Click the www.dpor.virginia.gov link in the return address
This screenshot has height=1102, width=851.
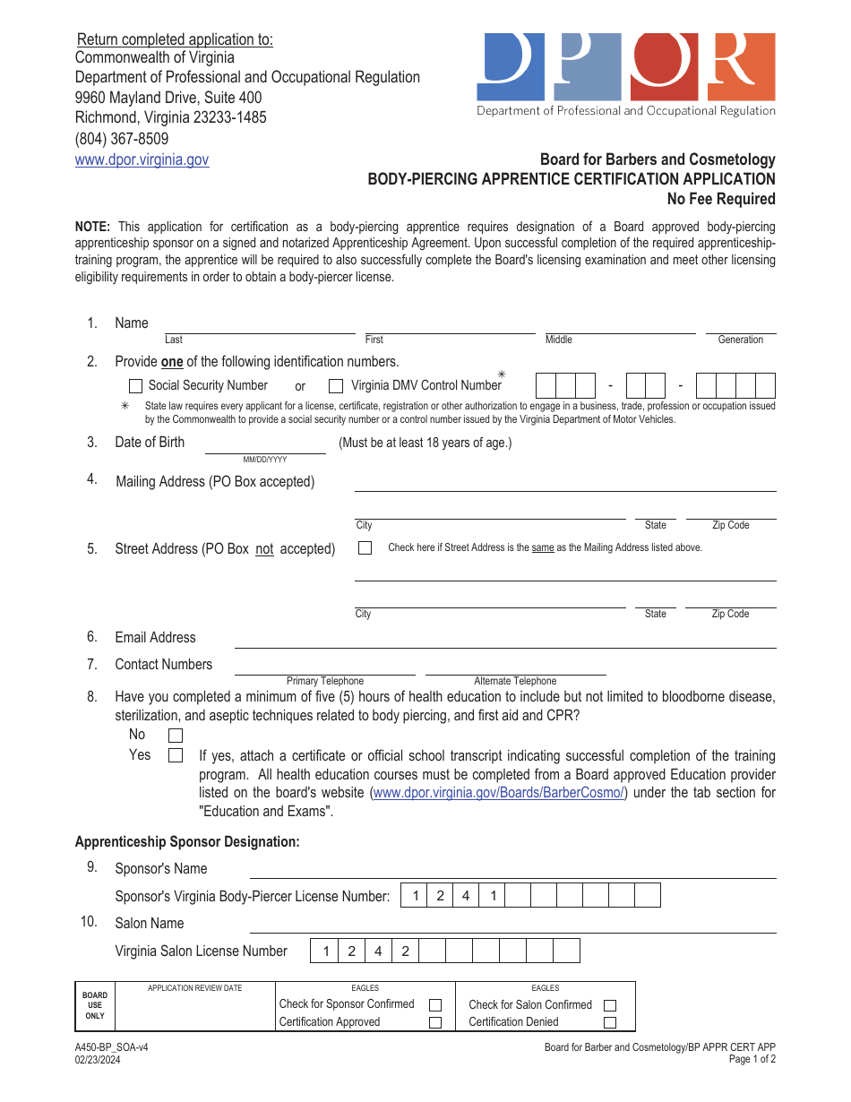142,159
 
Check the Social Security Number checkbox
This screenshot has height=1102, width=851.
136,386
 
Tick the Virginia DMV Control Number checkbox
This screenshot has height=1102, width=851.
336,386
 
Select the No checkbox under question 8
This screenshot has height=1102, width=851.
176,736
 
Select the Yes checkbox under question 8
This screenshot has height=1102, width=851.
176,755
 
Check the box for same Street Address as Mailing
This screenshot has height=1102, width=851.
365,547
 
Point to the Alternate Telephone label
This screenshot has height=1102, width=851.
515,681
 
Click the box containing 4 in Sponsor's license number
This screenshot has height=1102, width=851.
466,896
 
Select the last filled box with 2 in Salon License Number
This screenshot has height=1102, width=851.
405,951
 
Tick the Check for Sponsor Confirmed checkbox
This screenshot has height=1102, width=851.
435,1005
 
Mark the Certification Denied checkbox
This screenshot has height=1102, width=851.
610,1022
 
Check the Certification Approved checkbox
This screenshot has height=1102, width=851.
435,1022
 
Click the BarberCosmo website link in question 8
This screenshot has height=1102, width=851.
499,793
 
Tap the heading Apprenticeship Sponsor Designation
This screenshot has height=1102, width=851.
187,841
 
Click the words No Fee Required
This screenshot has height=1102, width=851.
720,199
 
